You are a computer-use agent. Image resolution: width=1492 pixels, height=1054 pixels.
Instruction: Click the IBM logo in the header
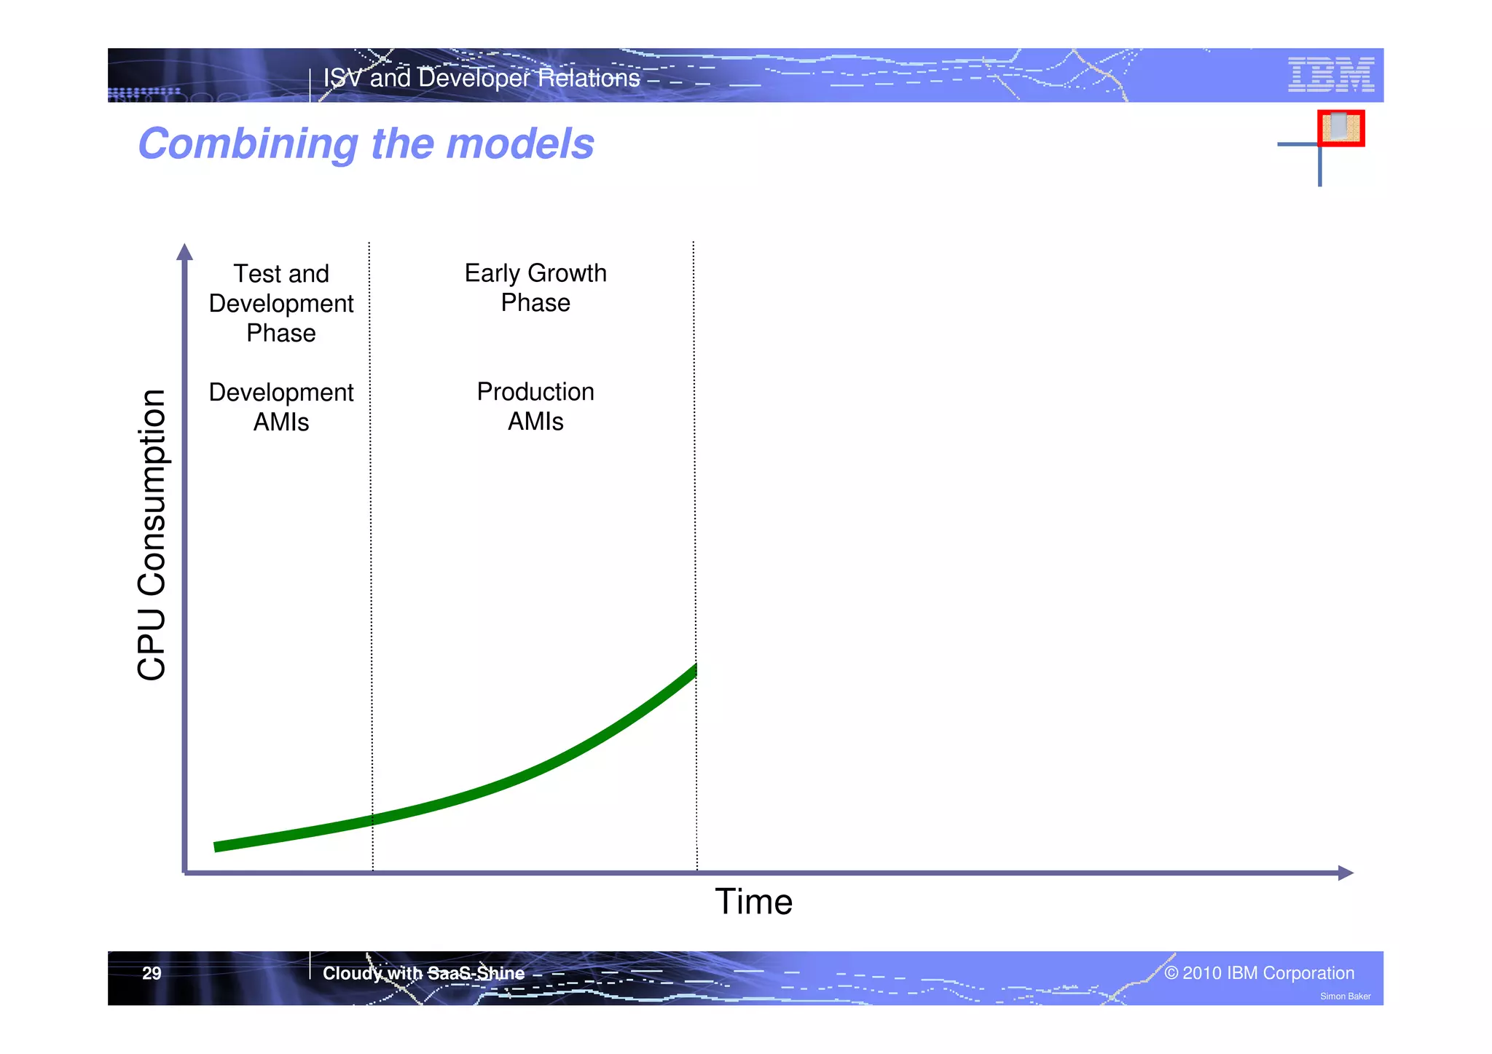1330,74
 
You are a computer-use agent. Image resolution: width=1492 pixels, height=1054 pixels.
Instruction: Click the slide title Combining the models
366,143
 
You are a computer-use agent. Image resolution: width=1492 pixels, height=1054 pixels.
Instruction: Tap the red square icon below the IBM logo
1340,128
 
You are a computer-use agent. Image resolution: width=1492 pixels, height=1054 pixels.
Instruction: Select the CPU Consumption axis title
152,535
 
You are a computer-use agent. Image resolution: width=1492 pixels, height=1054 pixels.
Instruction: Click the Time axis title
753,902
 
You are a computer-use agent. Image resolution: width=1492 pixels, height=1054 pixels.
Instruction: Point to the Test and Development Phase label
281,303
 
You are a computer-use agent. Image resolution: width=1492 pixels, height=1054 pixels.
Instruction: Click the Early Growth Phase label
535,288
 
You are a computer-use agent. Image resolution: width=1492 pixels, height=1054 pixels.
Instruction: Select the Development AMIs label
281,406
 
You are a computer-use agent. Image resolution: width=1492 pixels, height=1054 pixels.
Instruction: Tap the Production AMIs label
535,406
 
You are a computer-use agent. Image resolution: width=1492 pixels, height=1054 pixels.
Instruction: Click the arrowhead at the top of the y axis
185,252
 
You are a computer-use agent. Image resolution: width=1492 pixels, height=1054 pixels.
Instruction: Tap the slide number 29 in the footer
152,973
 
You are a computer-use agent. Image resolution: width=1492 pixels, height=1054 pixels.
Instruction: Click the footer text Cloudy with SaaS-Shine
423,973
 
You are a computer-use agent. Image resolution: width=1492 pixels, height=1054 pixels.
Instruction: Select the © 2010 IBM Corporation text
1259,973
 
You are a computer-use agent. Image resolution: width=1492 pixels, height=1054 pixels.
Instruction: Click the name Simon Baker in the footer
1345,996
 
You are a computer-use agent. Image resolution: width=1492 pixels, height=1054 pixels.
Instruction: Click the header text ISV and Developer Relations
481,78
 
